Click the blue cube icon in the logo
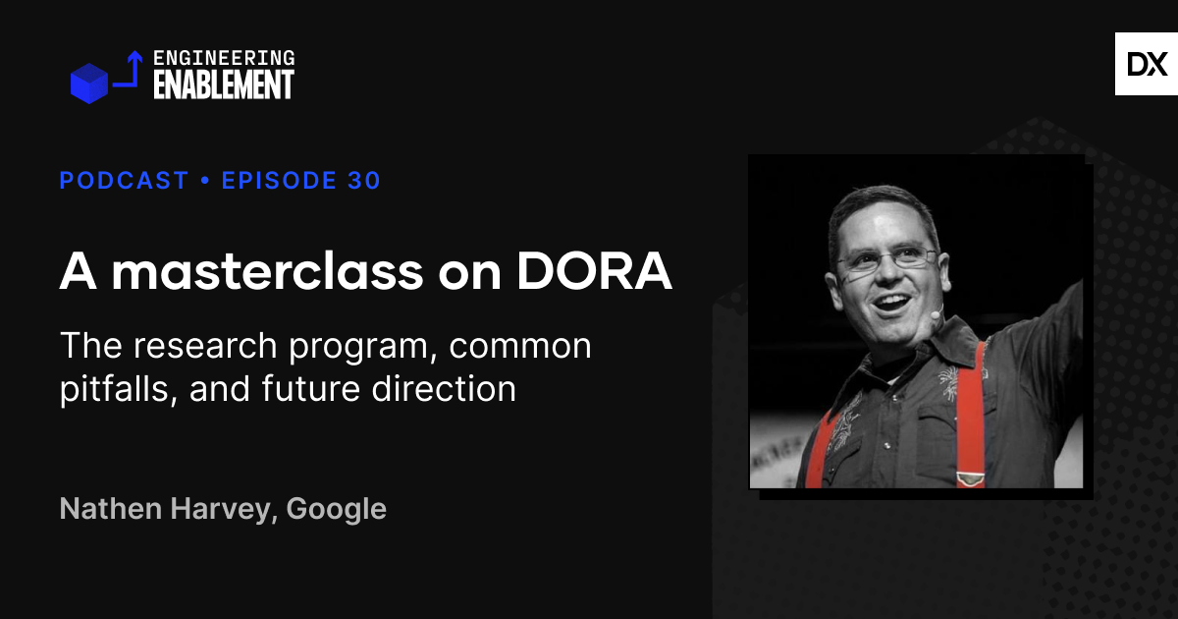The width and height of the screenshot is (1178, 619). click(88, 83)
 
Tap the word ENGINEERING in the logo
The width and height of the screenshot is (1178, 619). click(224, 59)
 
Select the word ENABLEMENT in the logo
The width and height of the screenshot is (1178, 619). click(224, 85)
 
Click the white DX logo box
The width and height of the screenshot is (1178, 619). click(1146, 64)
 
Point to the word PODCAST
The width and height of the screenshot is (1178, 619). click(124, 181)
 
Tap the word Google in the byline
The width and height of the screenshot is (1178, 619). click(336, 509)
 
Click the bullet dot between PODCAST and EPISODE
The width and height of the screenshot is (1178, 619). click(205, 181)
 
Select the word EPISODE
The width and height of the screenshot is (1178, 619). click(280, 181)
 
